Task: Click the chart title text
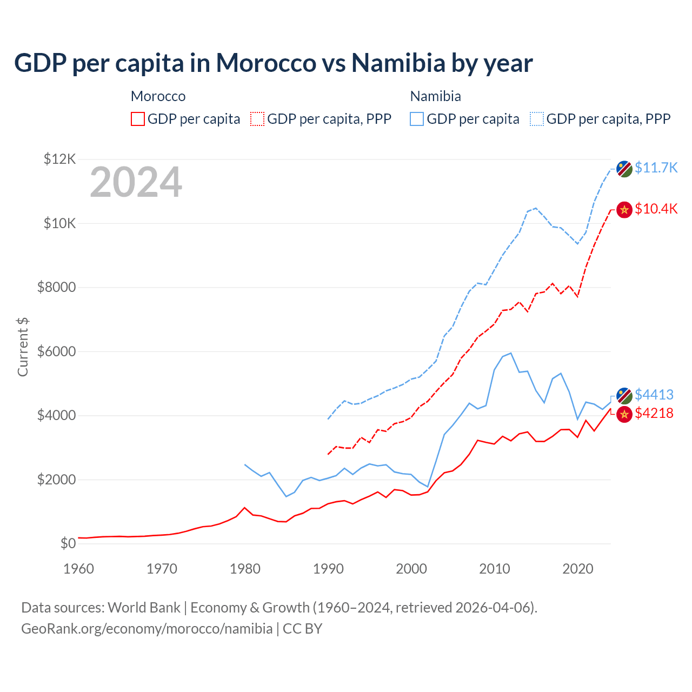pos(273,63)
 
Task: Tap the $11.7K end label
pos(656,168)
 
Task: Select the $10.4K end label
pos(656,209)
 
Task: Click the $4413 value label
pos(654,395)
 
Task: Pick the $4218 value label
pos(654,413)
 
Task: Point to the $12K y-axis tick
pos(59,159)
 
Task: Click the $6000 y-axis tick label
pos(56,351)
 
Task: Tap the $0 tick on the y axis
pos(68,543)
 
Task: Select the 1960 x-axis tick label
pos(78,569)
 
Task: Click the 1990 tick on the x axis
pos(328,569)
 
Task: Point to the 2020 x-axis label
pos(578,569)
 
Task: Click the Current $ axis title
pos(23,347)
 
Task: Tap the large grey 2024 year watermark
pos(136,183)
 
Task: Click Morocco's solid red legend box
pos(138,119)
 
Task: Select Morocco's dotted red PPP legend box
pos(257,119)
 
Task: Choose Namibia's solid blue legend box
pos(417,119)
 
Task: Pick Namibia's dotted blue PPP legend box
pos(537,119)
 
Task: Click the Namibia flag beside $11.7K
pos(624,169)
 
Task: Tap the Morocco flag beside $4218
pos(624,414)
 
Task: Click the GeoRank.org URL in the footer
pos(147,629)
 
